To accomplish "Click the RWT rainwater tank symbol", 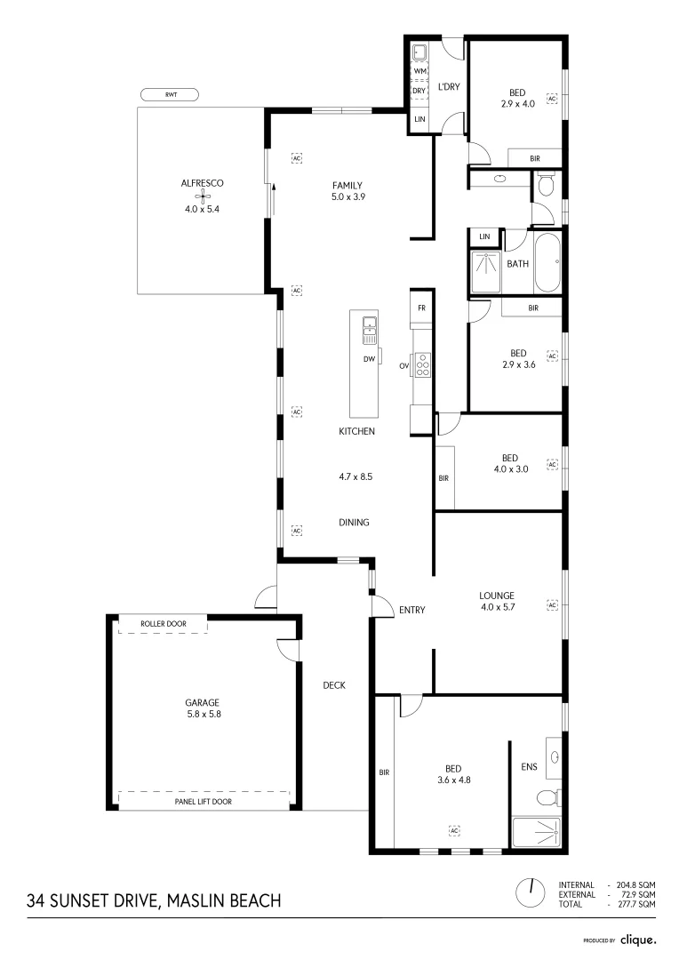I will (169, 94).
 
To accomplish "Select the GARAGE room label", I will (202, 701).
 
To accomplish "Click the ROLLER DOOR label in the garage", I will (164, 624).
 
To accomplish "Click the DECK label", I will (333, 685).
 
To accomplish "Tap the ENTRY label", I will (412, 610).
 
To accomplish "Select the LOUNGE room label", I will (497, 596).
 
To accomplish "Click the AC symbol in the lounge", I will (552, 605).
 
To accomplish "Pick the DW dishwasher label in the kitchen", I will (369, 359).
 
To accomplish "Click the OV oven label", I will (403, 365).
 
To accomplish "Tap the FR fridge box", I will (421, 308).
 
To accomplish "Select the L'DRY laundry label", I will (448, 87).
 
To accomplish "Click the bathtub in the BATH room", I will (547, 262).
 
